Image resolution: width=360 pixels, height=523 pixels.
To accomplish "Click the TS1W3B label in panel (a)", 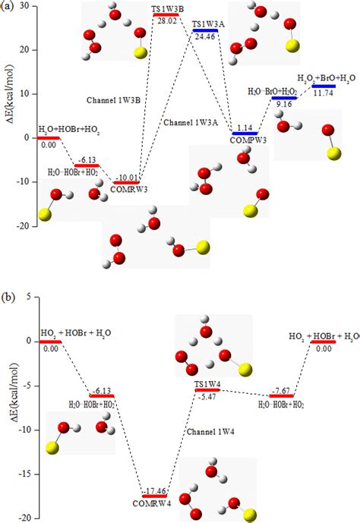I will click(166, 8).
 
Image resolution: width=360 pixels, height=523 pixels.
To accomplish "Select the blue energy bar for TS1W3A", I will click(205, 31).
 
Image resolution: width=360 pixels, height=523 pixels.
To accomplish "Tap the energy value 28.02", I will click(166, 22).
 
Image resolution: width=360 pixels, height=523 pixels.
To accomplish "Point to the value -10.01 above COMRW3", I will click(125, 177).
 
